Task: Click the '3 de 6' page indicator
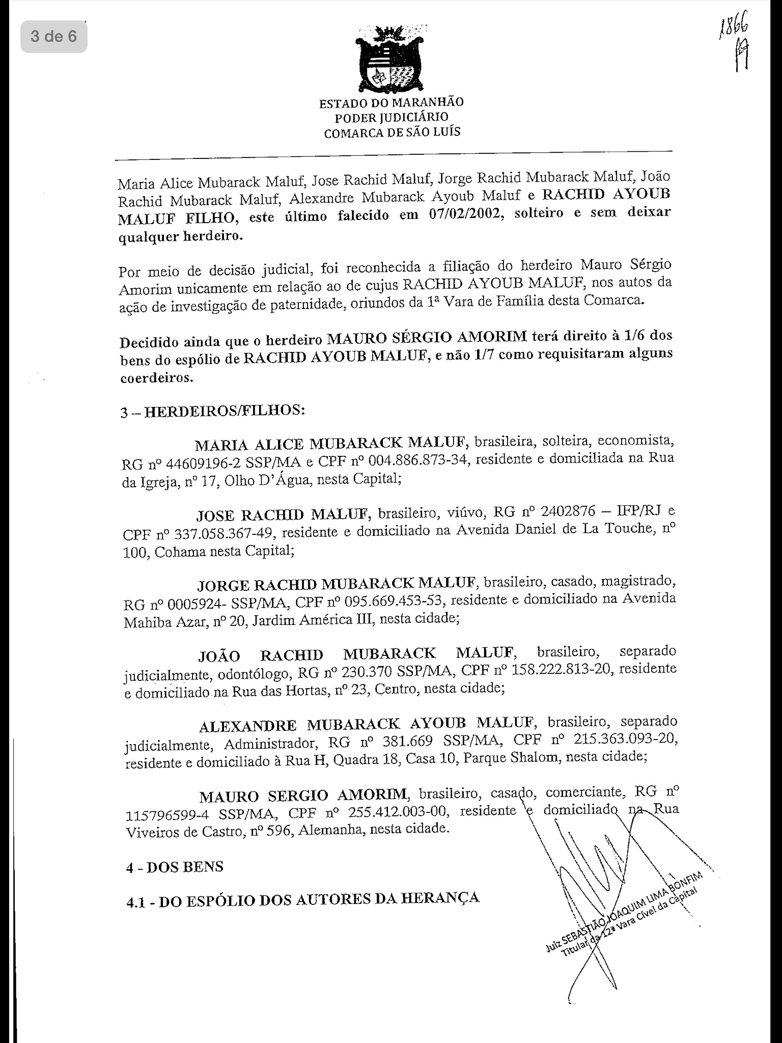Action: (53, 37)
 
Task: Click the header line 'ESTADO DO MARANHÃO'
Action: (391, 103)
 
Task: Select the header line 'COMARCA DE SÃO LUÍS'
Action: (392, 133)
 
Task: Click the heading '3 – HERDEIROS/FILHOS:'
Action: (212, 410)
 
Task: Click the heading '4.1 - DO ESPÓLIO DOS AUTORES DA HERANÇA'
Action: (303, 899)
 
